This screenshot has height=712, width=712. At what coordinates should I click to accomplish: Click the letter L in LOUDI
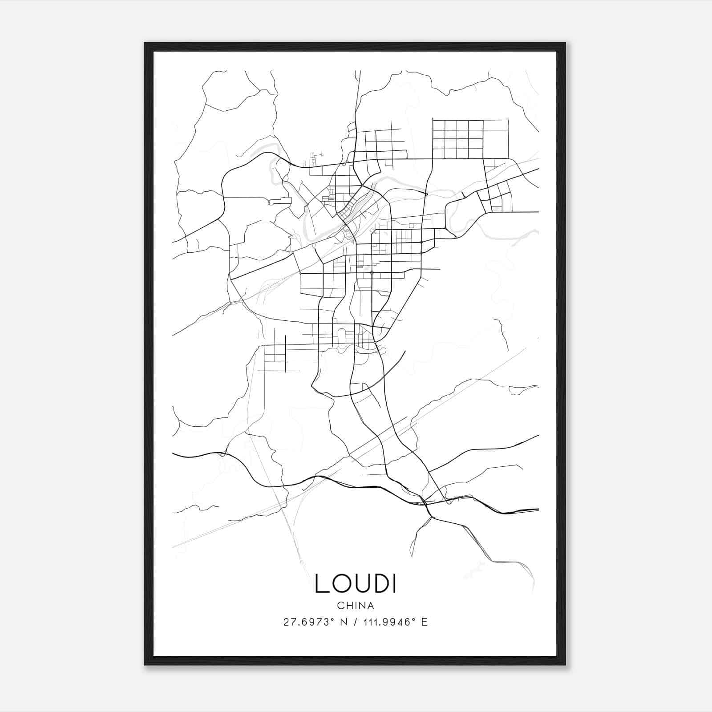coord(322,583)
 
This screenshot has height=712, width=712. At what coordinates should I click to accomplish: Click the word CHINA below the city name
coord(356,606)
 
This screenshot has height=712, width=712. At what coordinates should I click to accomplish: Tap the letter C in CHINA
coord(340,606)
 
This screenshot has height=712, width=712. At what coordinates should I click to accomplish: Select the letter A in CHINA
coord(371,606)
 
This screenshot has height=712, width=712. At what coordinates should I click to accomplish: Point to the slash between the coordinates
coord(356,622)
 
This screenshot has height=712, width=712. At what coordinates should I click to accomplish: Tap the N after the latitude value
coord(344,622)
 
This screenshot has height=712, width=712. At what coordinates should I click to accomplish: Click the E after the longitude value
coord(424,622)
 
